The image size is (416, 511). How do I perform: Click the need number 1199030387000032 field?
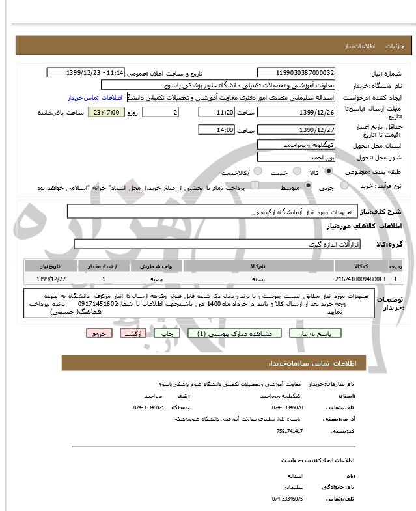pyautogui.click(x=296, y=73)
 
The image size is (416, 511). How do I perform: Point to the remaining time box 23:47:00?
pyautogui.click(x=104, y=113)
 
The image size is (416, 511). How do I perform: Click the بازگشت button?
pyautogui.click(x=133, y=333)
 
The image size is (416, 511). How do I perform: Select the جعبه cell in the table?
pyautogui.click(x=161, y=279)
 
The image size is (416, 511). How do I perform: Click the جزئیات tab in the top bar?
pyautogui.click(x=395, y=46)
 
